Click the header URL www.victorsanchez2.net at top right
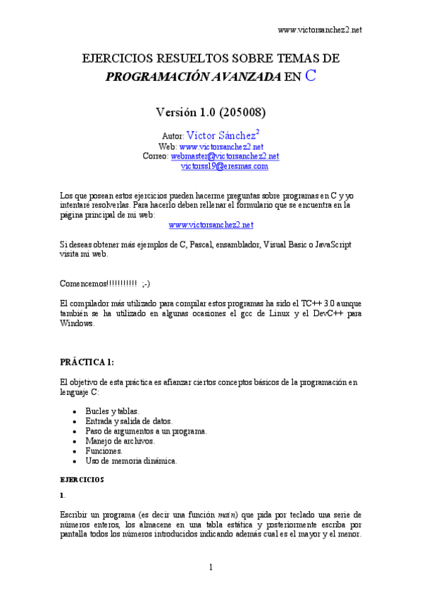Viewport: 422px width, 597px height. click(x=320, y=30)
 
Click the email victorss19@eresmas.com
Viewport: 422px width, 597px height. click(x=225, y=166)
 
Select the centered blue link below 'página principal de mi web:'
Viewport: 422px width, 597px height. click(x=211, y=224)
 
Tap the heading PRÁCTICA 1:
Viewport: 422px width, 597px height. click(x=87, y=362)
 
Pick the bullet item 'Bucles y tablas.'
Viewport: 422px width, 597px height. click(x=112, y=410)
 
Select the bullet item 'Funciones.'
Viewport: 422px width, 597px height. click(x=104, y=451)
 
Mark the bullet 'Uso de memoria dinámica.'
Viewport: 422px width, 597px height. click(x=131, y=460)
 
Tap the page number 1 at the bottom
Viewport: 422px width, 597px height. click(x=211, y=567)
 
